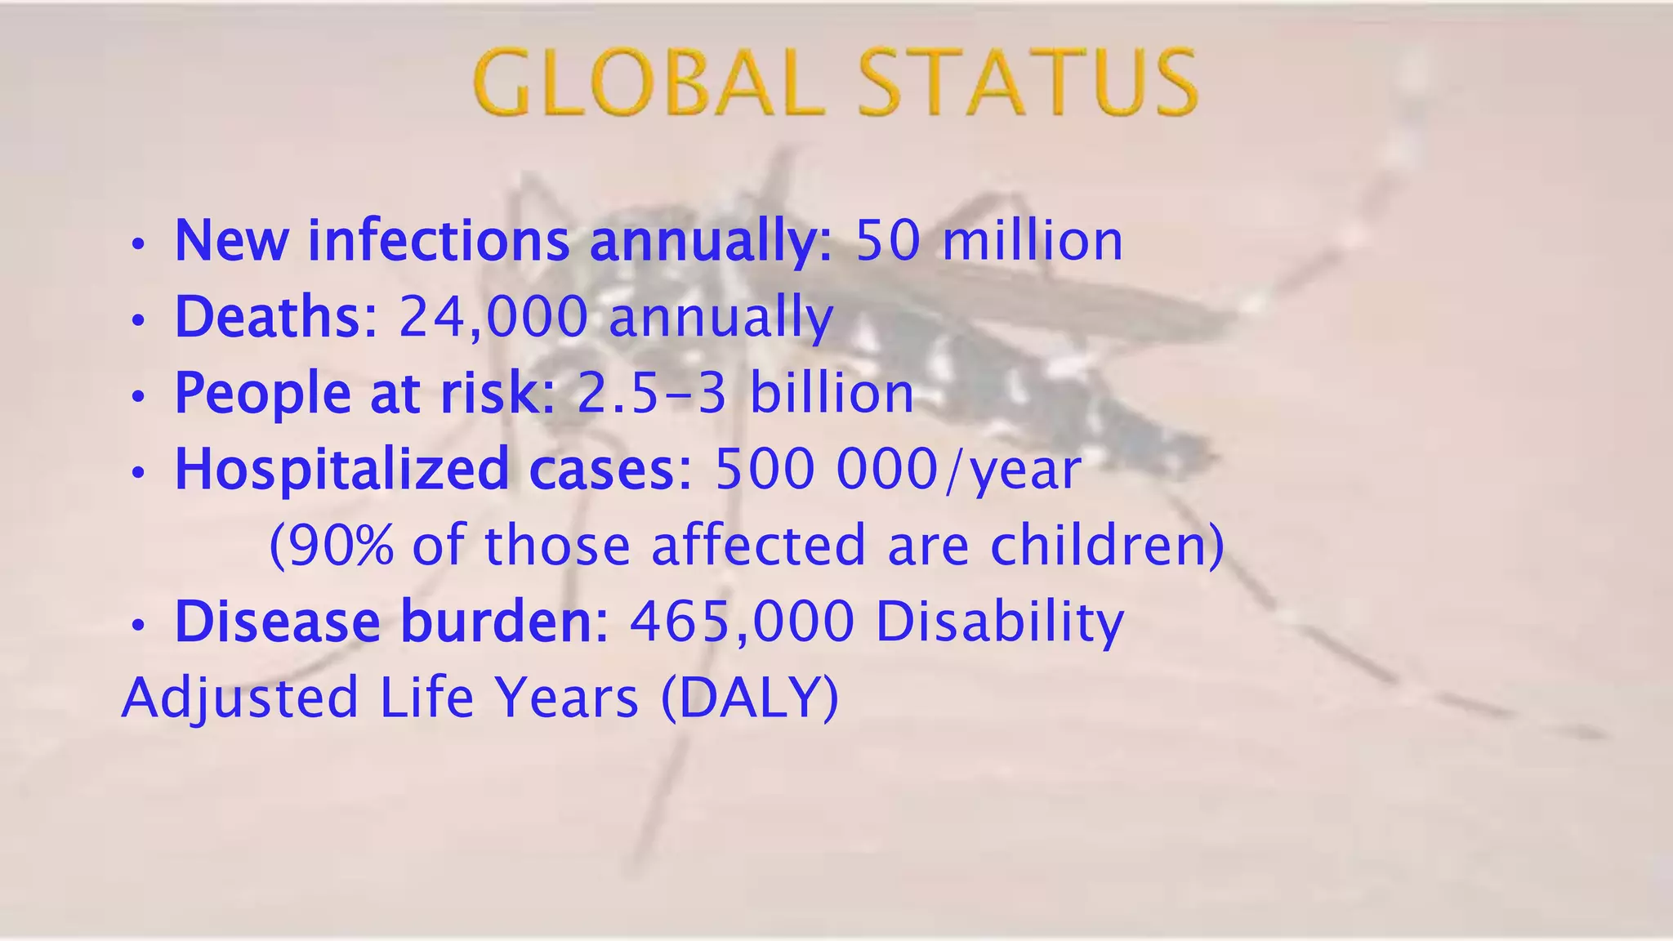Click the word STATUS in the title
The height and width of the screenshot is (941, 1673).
click(1027, 83)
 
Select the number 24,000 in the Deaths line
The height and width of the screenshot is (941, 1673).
click(493, 316)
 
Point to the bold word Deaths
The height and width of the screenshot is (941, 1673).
click(266, 316)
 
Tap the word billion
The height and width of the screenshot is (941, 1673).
click(832, 393)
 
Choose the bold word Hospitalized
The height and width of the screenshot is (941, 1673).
click(341, 469)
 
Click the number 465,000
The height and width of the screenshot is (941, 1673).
click(742, 622)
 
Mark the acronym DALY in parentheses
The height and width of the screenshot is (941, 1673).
click(749, 698)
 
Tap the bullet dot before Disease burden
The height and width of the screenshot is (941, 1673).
click(139, 626)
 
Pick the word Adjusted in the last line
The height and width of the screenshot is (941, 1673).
click(240, 698)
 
